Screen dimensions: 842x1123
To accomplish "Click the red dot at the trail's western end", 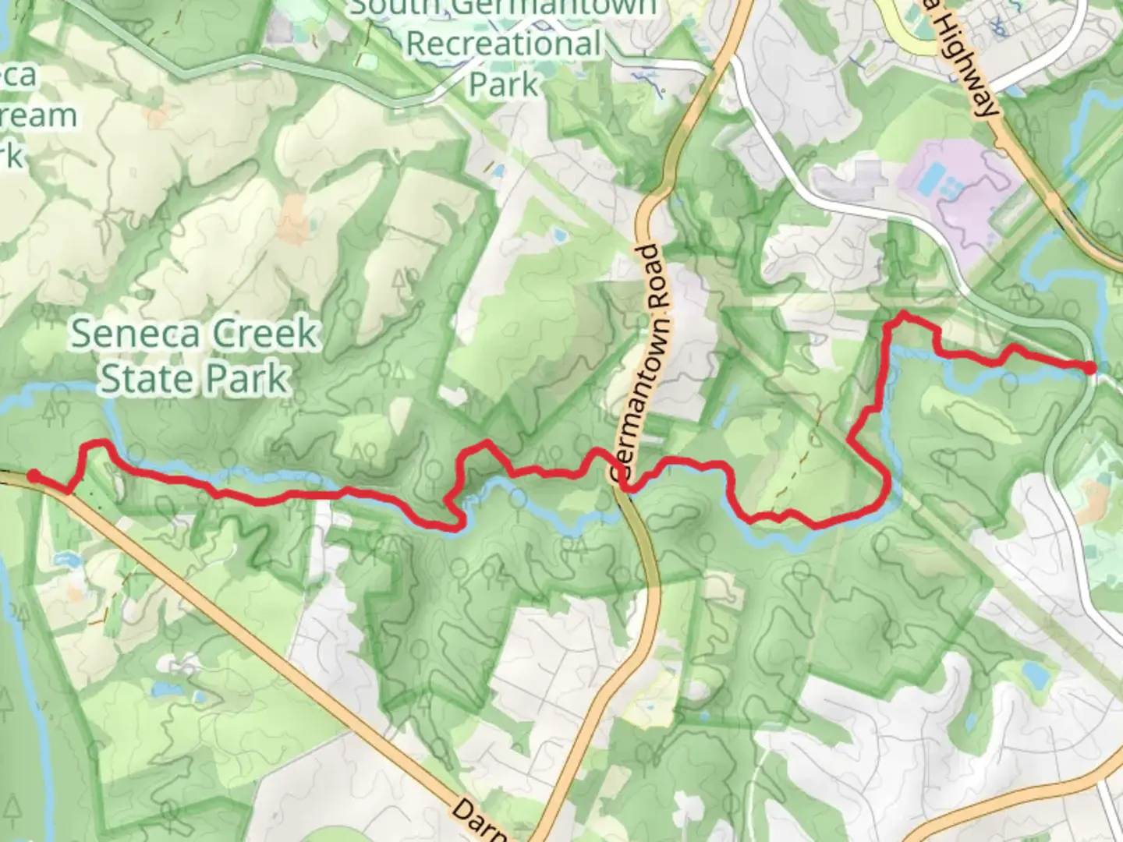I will [34, 476].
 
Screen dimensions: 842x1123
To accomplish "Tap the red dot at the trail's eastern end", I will [1089, 368].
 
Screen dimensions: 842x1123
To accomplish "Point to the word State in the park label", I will [145, 379].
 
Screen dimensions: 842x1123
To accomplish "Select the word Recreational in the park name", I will [504, 44].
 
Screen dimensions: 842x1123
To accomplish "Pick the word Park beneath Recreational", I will [503, 84].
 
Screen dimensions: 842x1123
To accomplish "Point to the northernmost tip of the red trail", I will [903, 313].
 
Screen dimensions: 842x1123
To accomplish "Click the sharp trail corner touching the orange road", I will [69, 492].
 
